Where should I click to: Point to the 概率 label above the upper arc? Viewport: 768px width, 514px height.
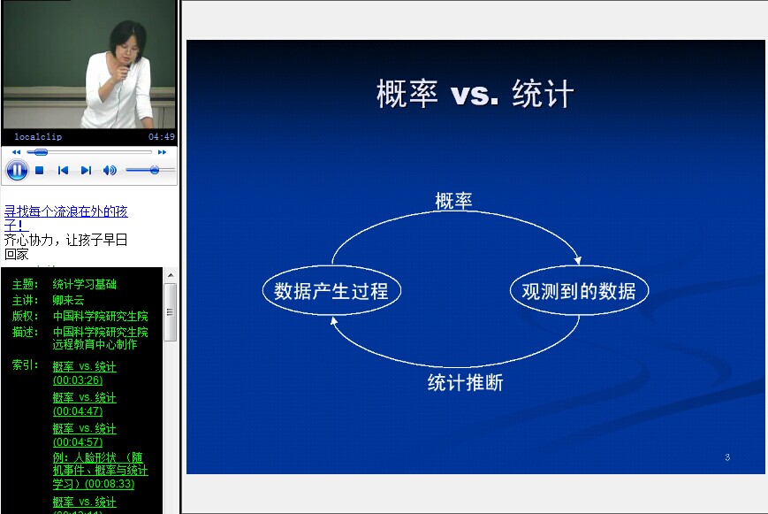pyautogui.click(x=453, y=201)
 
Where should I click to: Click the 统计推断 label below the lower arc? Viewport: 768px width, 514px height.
pyautogui.click(x=465, y=382)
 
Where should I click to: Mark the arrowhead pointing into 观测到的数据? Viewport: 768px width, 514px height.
pyautogui.click(x=578, y=260)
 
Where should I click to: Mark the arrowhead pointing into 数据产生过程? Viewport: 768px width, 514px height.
pyautogui.click(x=333, y=321)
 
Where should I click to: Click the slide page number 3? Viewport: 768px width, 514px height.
pyautogui.click(x=727, y=457)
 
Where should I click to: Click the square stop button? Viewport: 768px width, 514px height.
pyautogui.click(x=40, y=170)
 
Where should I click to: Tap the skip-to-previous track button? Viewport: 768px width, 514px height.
pyautogui.click(x=63, y=170)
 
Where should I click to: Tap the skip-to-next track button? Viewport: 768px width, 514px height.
pyautogui.click(x=87, y=170)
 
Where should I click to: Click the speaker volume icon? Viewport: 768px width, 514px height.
pyautogui.click(x=110, y=170)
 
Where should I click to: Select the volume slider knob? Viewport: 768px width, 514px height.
pyautogui.click(x=155, y=170)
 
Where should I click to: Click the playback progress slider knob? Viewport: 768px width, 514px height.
pyautogui.click(x=40, y=152)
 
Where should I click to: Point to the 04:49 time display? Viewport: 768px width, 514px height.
pyautogui.click(x=162, y=137)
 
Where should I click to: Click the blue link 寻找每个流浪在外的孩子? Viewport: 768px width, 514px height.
pyautogui.click(x=65, y=218)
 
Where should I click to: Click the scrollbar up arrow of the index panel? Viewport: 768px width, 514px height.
pyautogui.click(x=171, y=275)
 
